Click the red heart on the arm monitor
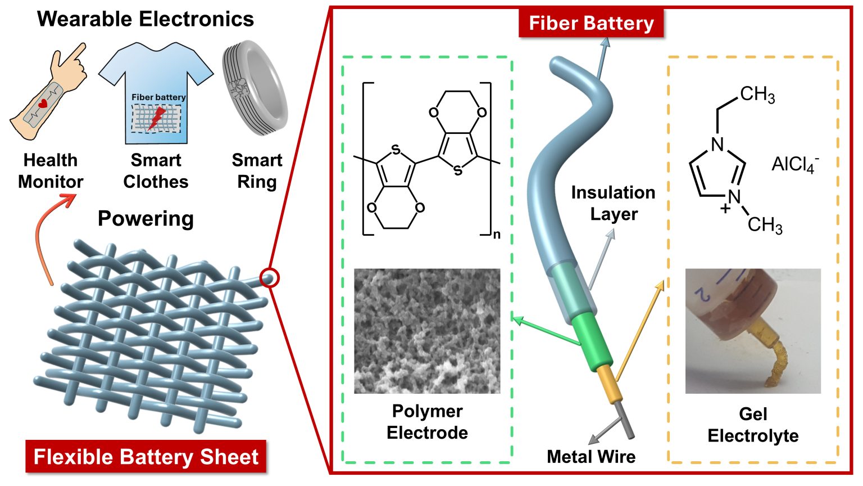tap(43, 104)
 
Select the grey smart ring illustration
tap(255, 90)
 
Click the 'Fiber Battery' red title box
tap(591, 24)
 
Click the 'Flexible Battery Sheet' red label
tap(146, 456)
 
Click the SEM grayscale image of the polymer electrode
tap(427, 331)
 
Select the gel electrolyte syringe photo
tap(753, 331)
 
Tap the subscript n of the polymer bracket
tap(497, 235)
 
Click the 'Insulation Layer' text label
tap(613, 203)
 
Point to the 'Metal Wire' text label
tap(591, 456)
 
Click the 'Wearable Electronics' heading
tap(146, 19)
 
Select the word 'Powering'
tap(146, 218)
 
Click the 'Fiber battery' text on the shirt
tap(158, 97)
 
